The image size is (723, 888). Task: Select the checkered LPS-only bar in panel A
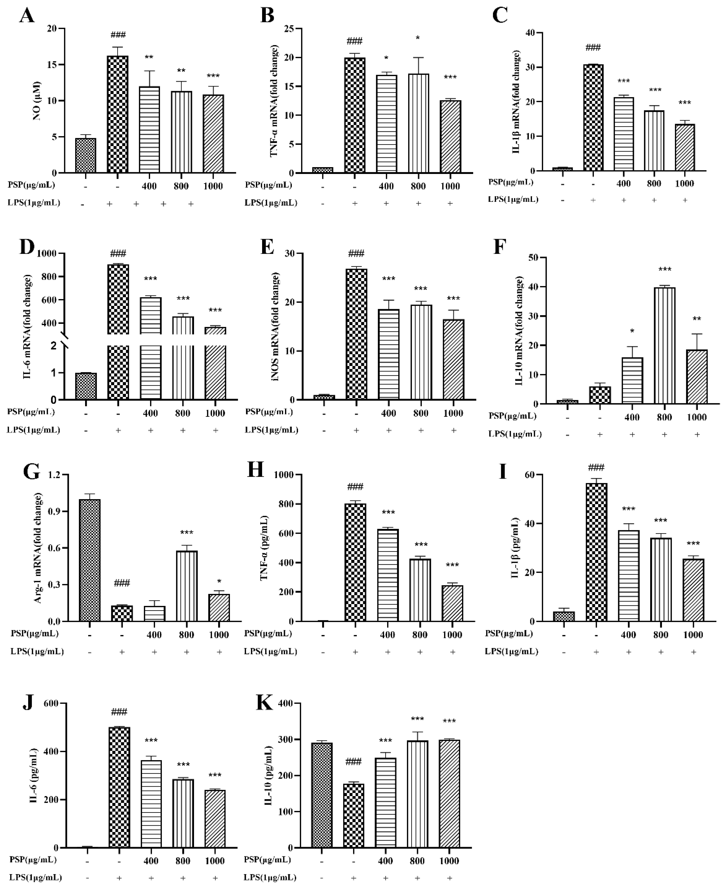118,115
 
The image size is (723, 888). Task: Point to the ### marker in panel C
593,47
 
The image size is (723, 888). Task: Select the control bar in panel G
90,561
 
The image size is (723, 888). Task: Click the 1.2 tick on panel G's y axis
54,475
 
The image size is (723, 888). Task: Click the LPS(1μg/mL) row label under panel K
270,878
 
